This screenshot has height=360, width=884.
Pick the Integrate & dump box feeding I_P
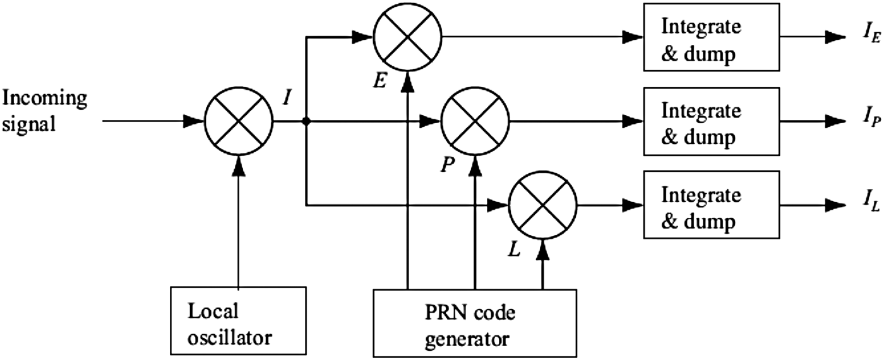pos(710,122)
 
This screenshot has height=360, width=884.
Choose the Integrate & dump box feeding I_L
pos(710,205)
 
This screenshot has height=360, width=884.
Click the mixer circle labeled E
pos(407,36)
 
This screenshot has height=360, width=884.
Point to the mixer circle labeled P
pos(475,120)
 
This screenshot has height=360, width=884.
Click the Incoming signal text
pos(45,111)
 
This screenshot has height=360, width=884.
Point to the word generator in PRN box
pos(475,338)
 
